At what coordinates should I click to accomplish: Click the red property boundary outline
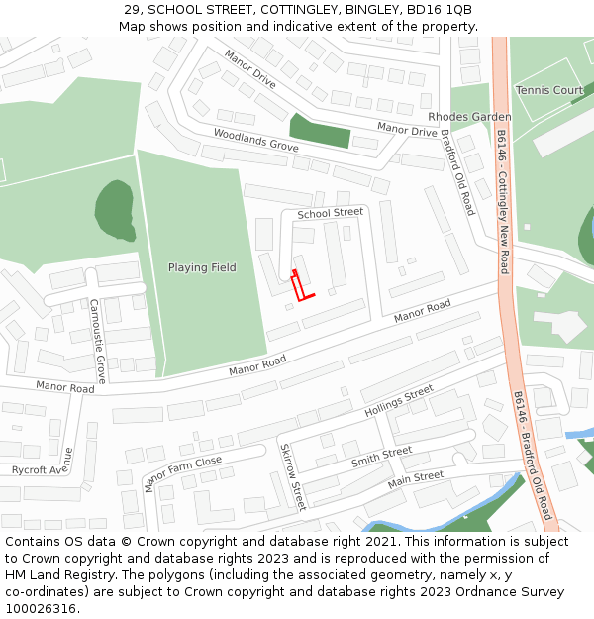[301, 288]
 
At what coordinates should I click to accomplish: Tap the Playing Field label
[202, 267]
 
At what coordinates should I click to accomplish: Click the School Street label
[331, 213]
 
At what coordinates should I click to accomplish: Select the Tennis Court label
[549, 90]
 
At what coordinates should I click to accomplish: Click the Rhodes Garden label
[469, 117]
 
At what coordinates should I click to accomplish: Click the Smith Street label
[381, 458]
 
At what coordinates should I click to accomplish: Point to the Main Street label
[415, 479]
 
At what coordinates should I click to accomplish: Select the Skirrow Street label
[292, 476]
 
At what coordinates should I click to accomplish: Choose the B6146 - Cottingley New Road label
[503, 201]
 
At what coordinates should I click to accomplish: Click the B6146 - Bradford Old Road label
[532, 455]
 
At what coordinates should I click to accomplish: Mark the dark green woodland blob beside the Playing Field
[115, 210]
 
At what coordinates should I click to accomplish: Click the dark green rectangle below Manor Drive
[320, 130]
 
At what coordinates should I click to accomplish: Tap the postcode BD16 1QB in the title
[443, 10]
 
